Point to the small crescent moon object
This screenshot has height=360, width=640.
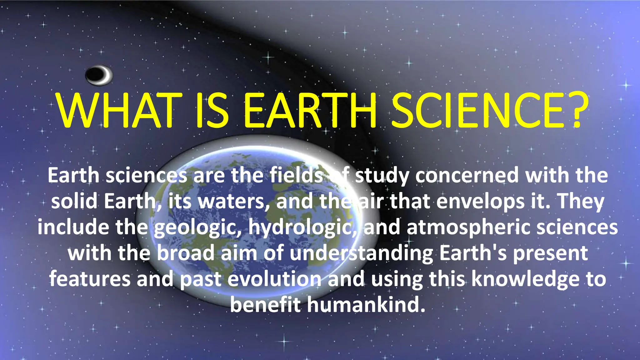(x=99, y=75)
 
